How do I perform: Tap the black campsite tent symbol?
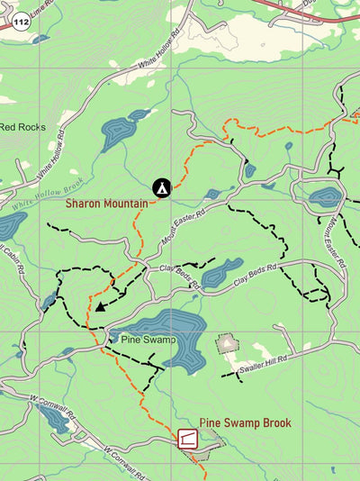[161, 187]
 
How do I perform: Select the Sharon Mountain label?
[106, 204]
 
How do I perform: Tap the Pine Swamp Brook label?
[245, 422]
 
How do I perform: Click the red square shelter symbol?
[188, 439]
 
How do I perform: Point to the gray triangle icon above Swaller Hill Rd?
[228, 343]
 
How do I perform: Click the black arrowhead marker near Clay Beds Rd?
[101, 306]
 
